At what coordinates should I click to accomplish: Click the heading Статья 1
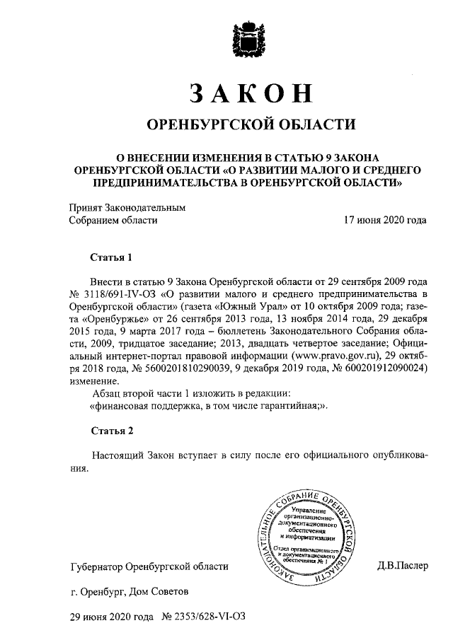(x=112, y=255)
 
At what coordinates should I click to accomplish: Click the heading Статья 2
(x=112, y=430)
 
